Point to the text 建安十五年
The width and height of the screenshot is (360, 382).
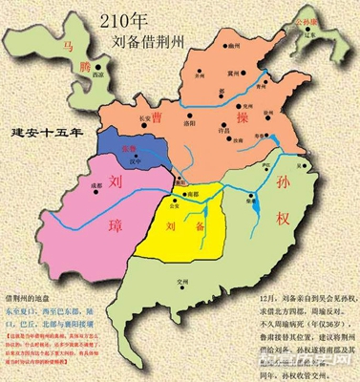pyautogui.click(x=42, y=130)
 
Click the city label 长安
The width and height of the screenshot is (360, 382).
pyautogui.click(x=146, y=117)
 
